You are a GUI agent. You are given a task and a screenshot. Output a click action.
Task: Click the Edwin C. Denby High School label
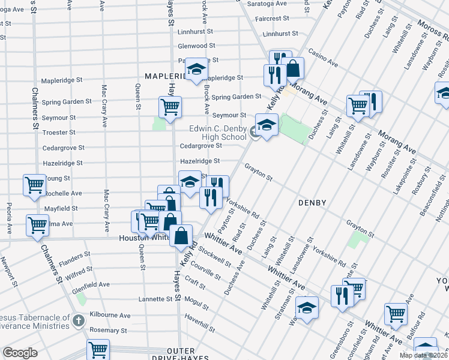pos(217,133)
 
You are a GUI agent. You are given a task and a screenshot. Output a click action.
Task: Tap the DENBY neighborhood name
pos(312,203)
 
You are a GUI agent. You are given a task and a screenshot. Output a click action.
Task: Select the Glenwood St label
pos(196,46)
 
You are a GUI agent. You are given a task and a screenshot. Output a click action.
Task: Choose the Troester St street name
pos(59,132)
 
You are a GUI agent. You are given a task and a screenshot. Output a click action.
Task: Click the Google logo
pos(20,353)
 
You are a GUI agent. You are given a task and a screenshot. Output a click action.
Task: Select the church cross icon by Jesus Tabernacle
pos(77,321)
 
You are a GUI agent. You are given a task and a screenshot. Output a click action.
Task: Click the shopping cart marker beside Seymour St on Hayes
pos(170,107)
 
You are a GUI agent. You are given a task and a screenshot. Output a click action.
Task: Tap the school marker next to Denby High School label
pos(265,125)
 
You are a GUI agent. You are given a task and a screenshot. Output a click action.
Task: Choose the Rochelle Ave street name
pos(64,193)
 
